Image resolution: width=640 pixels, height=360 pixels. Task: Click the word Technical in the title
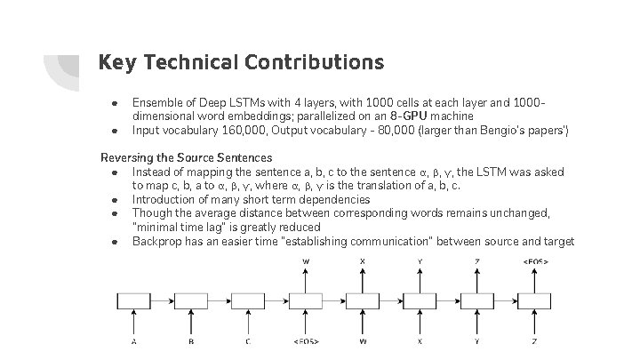click(188, 63)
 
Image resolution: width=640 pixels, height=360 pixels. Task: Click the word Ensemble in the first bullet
click(157, 102)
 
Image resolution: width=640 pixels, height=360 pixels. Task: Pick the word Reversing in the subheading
click(126, 157)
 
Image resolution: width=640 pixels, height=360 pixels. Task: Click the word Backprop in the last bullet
click(157, 242)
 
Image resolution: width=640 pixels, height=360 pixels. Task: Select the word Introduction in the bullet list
click(166, 199)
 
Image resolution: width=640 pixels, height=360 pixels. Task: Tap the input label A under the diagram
click(133, 340)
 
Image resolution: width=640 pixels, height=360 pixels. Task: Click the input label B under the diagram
click(191, 340)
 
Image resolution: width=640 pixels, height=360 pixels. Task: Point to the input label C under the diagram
click(248, 340)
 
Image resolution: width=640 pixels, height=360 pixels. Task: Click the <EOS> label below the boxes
click(306, 340)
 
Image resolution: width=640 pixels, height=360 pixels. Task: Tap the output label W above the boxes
click(306, 262)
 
